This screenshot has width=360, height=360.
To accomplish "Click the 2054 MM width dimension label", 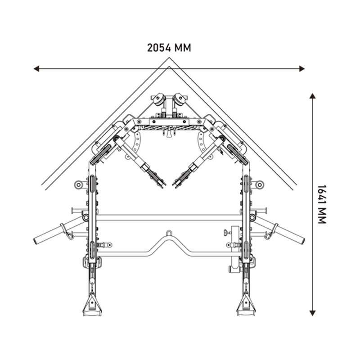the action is pyautogui.click(x=169, y=48).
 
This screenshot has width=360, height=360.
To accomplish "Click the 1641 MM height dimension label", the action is pyautogui.click(x=322, y=204).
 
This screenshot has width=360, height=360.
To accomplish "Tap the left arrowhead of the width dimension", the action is pyautogui.click(x=36, y=68).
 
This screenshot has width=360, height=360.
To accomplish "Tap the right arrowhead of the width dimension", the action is pyautogui.click(x=301, y=68).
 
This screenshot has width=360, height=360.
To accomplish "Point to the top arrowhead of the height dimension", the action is pyautogui.click(x=312, y=96).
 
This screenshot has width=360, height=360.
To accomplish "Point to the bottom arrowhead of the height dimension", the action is pyautogui.click(x=312, y=313).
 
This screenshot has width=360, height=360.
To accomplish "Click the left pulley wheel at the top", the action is pyautogui.click(x=158, y=99).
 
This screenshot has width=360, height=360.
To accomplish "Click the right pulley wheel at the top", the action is pyautogui.click(x=180, y=99).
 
